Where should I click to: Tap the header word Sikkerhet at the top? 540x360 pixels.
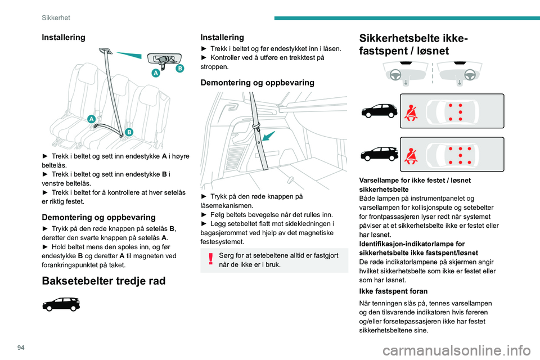coord(56,18)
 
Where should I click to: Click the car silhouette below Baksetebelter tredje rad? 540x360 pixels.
coord(60,306)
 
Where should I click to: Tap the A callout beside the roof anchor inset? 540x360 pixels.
coord(155,73)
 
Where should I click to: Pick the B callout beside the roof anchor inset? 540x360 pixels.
coord(179,68)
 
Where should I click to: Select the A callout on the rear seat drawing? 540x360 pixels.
coord(91,119)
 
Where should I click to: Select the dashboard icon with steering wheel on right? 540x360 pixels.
coord(460,73)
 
